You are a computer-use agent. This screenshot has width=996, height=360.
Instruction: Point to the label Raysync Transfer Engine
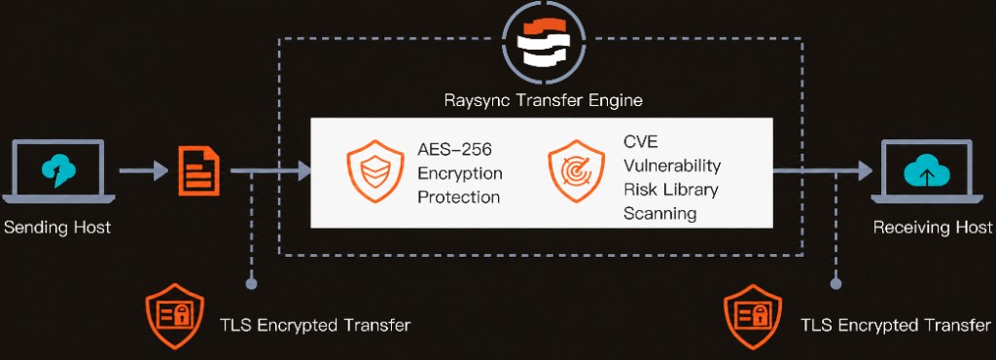[x=542, y=100]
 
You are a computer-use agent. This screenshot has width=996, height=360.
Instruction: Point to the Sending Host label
[x=57, y=228]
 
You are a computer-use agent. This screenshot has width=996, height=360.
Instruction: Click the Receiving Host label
[x=932, y=228]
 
